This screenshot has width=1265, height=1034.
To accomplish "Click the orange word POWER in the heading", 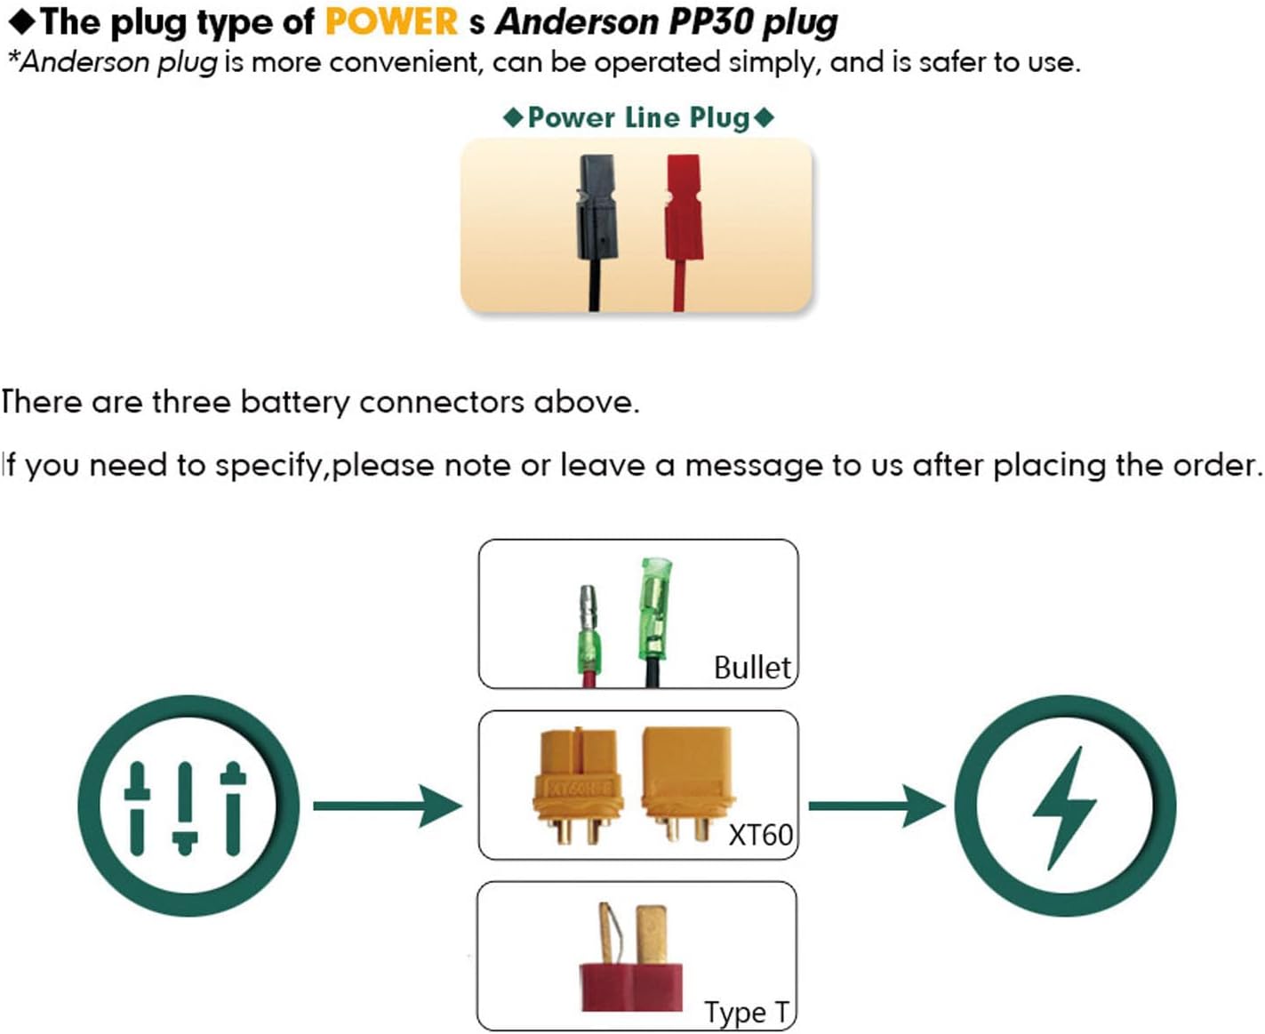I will click(391, 21).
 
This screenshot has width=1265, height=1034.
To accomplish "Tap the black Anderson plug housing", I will click(596, 210).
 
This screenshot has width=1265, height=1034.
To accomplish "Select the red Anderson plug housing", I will click(684, 210).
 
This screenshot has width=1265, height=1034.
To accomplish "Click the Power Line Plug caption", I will click(638, 117).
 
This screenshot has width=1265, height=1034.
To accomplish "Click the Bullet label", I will click(752, 667).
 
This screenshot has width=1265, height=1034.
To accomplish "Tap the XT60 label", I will click(760, 835).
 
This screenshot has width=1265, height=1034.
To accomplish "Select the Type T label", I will click(747, 1012).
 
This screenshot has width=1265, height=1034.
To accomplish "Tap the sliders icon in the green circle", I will click(185, 806).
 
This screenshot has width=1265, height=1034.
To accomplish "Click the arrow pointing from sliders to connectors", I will click(388, 806).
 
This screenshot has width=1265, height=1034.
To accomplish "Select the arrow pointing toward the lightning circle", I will click(876, 806).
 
